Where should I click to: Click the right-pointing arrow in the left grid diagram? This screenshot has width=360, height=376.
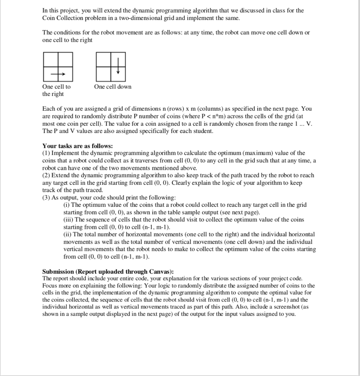pos(58,75)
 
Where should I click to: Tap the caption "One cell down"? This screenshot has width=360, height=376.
pos(112,87)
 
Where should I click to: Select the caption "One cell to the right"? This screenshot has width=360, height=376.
pos(57,90)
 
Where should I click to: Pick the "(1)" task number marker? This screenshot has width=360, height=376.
pos(46,153)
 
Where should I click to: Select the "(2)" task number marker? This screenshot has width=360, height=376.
pos(46,176)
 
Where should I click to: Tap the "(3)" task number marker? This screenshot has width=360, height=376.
pos(46,198)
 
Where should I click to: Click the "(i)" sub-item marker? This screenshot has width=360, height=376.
pos(67,205)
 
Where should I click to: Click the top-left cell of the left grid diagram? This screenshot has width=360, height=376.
pos(50,59)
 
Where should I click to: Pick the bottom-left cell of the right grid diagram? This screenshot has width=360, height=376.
pos(103,75)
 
